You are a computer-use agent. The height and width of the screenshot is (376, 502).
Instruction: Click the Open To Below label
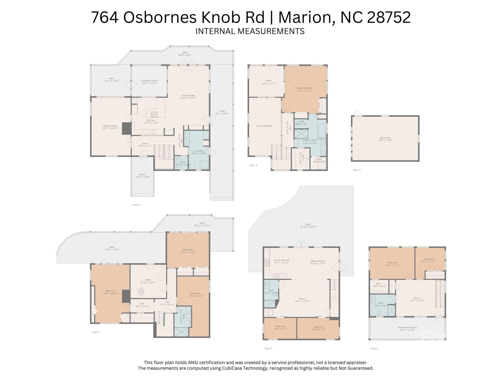point(264,126)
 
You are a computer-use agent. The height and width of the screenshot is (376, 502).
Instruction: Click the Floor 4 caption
point(356,170)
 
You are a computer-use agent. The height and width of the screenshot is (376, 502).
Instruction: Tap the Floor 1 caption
point(95,332)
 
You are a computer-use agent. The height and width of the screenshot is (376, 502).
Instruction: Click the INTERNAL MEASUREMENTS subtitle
point(250,31)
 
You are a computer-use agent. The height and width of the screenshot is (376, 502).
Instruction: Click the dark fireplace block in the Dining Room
point(127,128)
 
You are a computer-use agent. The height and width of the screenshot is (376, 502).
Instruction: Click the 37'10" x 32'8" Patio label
point(308,226)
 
